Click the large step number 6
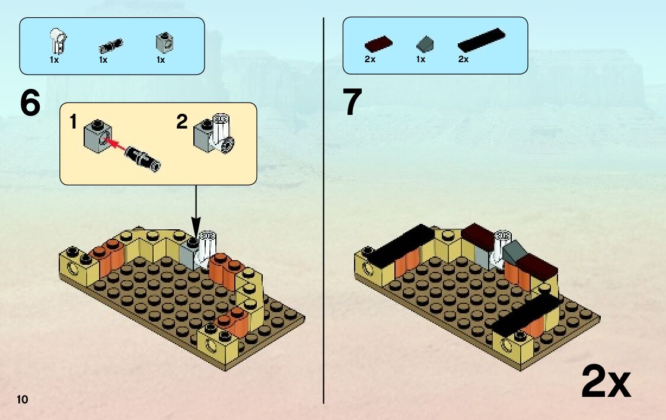[x=30, y=104]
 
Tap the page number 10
[x=23, y=399]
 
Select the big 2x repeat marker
[x=606, y=381]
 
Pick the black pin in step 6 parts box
[x=110, y=44]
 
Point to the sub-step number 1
[x=73, y=123]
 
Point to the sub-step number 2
[x=182, y=123]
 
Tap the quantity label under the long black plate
[x=463, y=59]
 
